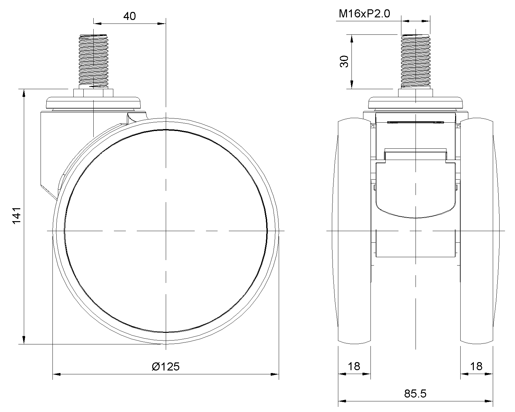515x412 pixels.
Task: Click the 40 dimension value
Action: (129, 16)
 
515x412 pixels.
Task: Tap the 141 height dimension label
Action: (16, 216)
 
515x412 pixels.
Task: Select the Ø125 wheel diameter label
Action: (165, 367)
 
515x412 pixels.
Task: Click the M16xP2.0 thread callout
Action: (364, 14)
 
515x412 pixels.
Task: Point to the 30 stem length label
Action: (344, 61)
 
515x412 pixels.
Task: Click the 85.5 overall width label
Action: (415, 393)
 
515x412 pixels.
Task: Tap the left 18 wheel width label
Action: (354, 366)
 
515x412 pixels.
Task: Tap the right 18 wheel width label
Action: (476, 366)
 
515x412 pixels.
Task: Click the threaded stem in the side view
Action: (93, 61)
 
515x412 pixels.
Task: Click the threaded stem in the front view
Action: (416, 61)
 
